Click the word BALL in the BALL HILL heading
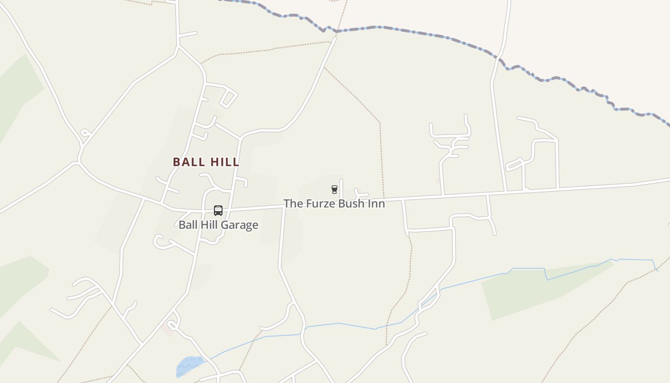[x=189, y=162]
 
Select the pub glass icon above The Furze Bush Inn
[x=335, y=190]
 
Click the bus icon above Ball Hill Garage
[x=218, y=211]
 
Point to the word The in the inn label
[x=292, y=203]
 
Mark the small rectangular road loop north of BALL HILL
[x=229, y=98]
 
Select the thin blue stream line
[x=340, y=324]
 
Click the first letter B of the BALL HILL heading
[x=177, y=162]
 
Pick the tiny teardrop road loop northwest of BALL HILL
[x=85, y=133]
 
